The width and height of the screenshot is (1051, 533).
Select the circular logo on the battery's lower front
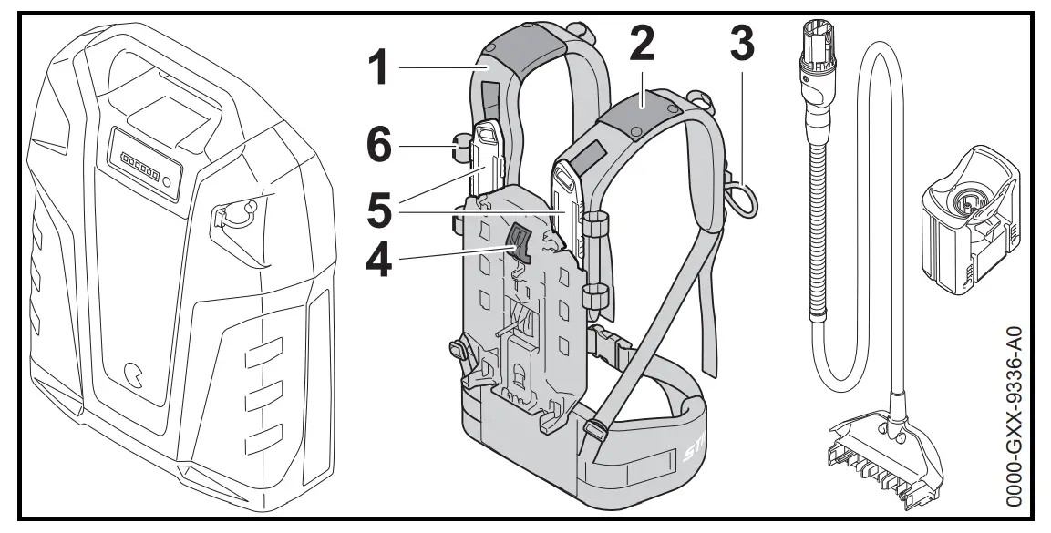pyautogui.click(x=134, y=373)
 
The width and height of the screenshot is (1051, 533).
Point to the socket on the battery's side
pyautogui.click(x=234, y=215)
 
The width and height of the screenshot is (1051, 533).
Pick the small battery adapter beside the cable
pyautogui.click(x=966, y=222)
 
